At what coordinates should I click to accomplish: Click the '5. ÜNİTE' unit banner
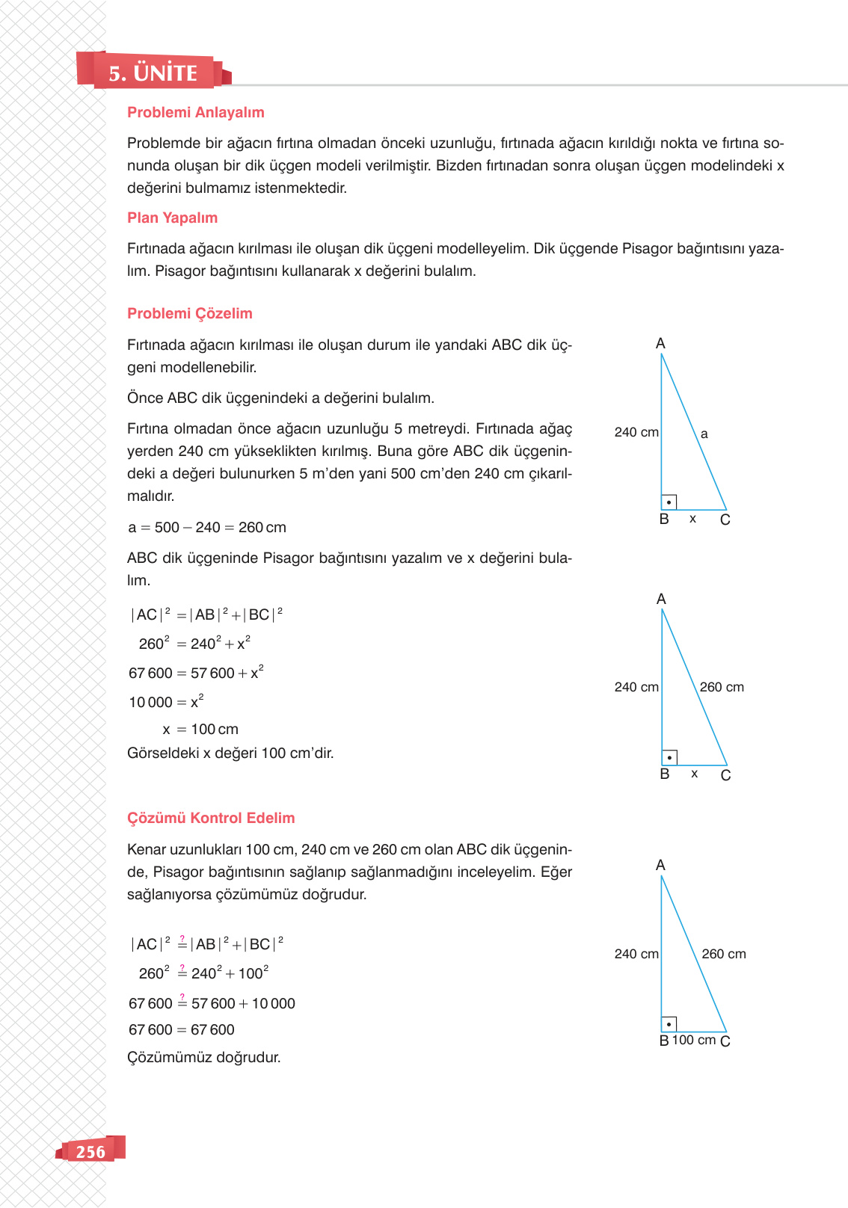pos(153,73)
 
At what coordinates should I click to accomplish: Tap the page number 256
pos(90,1152)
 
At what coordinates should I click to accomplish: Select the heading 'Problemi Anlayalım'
pos(195,112)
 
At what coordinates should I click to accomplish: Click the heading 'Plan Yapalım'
pos(172,218)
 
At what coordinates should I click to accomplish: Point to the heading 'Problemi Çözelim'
pos(189,313)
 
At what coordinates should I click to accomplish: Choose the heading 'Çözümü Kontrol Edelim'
pos(211,818)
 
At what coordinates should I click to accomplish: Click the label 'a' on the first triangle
pos(704,434)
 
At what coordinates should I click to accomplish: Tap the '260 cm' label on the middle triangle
pos(721,687)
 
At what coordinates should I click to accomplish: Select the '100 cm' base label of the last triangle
pos(693,1040)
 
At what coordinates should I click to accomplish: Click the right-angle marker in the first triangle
pos(669,502)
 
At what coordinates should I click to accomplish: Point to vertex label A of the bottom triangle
pos(660,865)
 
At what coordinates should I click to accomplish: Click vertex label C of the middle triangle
pos(725,775)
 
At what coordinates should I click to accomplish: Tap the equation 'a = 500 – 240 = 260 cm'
pos(207,527)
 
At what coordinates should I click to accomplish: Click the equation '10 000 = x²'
pos(166,702)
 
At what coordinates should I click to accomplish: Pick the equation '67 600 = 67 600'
pos(182,1029)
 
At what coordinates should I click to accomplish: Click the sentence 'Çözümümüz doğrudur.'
pos(203,1057)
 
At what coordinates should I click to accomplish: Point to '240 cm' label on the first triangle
pos(636,432)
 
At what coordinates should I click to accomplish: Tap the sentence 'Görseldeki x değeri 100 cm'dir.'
pos(230,753)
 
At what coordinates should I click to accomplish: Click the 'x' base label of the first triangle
pos(692,519)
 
